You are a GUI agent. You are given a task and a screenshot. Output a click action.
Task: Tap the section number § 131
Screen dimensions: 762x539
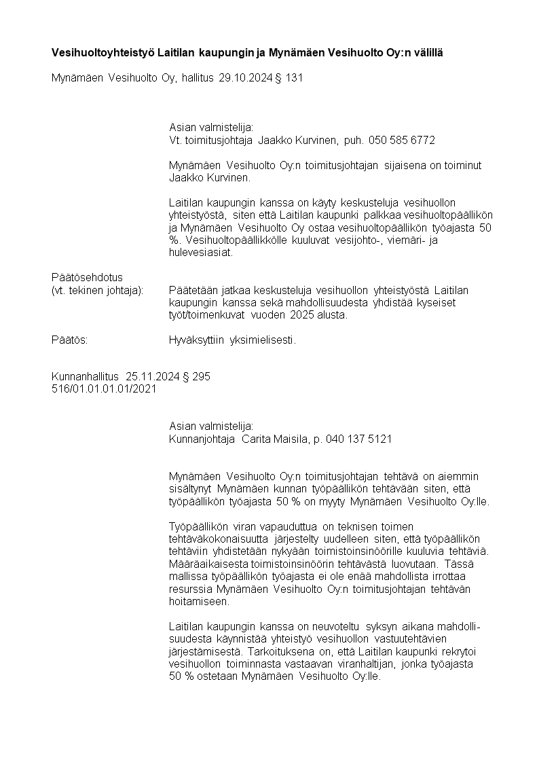click(288, 78)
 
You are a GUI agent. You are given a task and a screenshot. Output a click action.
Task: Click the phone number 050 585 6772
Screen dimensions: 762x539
click(401, 140)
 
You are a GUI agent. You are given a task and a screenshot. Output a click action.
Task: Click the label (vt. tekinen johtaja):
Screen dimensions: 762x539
click(98, 290)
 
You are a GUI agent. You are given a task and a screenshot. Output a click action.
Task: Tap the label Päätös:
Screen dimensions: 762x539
click(70, 340)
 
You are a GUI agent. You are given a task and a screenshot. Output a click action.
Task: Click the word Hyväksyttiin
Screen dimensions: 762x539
click(199, 340)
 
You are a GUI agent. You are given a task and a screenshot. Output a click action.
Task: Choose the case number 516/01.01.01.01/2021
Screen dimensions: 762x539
click(104, 388)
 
